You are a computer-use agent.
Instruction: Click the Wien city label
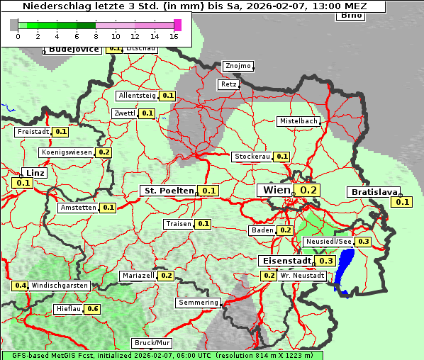coord(277,191)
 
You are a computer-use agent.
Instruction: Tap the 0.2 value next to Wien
coord(309,190)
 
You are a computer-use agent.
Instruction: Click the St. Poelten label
coord(169,191)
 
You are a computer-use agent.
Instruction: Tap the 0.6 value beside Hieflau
coord(93,309)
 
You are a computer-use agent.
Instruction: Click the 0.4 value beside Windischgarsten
coord(21,286)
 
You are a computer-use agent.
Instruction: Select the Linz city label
coord(35,173)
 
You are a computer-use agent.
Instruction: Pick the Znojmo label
coord(238,66)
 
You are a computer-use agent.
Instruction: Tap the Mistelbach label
coord(299,121)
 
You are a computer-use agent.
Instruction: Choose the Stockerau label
coord(252,157)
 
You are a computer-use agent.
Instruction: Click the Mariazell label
coord(138,276)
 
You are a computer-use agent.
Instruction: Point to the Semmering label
coord(199,303)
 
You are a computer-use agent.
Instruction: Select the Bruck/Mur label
coord(148,343)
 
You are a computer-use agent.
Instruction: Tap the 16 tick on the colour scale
coord(174,35)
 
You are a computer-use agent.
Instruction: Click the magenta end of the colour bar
coord(177,25)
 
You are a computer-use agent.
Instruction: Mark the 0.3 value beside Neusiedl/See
coord(363,242)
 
